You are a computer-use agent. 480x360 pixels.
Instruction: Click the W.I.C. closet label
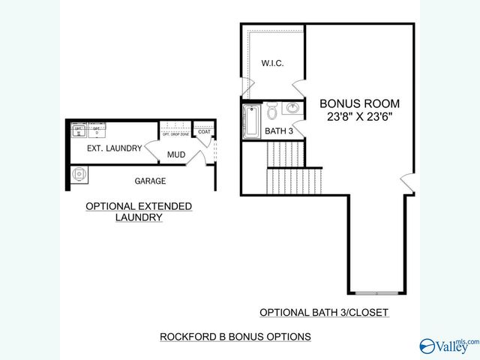(x=272, y=63)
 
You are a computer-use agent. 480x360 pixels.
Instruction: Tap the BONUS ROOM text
(x=360, y=103)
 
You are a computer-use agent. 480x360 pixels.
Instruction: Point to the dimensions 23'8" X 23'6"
(x=360, y=117)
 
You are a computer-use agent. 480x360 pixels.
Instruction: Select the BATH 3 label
(x=279, y=131)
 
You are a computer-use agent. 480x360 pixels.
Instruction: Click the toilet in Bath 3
(x=271, y=110)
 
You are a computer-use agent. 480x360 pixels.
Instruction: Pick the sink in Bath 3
(x=292, y=109)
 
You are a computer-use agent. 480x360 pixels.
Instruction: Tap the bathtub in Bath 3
(x=250, y=121)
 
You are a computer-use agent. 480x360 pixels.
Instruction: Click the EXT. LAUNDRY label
(x=114, y=148)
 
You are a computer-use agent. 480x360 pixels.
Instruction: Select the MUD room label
(x=176, y=156)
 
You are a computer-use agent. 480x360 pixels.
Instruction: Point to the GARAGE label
(x=150, y=181)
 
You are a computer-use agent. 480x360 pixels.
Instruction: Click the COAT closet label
(x=205, y=132)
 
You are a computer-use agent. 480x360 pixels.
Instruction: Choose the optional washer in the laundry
(x=78, y=132)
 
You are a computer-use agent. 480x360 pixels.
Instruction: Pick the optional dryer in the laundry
(x=96, y=132)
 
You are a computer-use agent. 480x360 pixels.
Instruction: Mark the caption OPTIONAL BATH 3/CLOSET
(x=323, y=312)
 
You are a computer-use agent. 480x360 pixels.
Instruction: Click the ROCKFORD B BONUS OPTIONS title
(x=235, y=337)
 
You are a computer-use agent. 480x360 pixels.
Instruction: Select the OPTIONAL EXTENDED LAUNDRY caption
(x=139, y=211)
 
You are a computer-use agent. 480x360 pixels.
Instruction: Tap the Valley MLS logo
(x=448, y=346)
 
